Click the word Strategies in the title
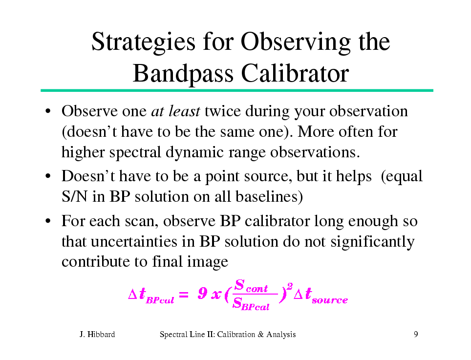tap(143, 42)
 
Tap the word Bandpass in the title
tap(183, 74)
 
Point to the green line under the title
tap(236, 90)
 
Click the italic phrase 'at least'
tap(176, 111)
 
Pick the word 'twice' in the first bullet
tap(223, 111)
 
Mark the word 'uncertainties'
tap(134, 242)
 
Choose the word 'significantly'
tap(372, 242)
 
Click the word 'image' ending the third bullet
tap(208, 262)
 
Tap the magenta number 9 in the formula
tap(202, 293)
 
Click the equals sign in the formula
tap(184, 295)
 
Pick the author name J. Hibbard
tap(97, 334)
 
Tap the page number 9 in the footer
tap(416, 334)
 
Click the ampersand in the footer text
tap(260, 334)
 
